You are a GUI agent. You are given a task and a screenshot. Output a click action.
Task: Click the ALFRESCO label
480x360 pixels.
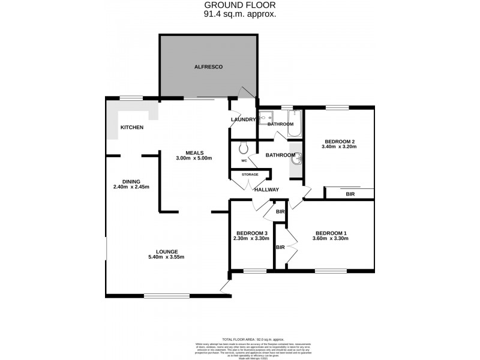click(x=208, y=67)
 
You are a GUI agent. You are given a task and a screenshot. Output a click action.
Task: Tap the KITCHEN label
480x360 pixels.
click(x=132, y=127)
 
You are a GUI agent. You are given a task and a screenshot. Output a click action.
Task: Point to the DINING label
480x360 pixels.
click(x=131, y=181)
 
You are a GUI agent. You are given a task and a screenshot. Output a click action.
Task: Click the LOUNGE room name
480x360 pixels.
click(x=166, y=251)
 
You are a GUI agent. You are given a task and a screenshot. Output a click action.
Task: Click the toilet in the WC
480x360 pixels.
click(x=243, y=147)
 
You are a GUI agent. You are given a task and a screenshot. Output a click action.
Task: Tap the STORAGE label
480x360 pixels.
click(x=250, y=175)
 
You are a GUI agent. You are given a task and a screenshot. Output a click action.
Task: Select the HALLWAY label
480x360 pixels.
click(x=266, y=190)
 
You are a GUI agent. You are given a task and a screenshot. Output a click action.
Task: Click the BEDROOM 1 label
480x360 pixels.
click(x=331, y=233)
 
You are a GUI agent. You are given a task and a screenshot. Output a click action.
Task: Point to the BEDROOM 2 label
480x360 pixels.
click(x=339, y=140)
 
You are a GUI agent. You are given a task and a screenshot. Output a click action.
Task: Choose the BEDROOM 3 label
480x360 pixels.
click(x=251, y=233)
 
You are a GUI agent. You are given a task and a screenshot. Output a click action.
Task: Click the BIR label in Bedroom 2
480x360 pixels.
click(x=350, y=194)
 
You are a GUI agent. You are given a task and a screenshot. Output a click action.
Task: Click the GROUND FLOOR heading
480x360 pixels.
click(x=240, y=6)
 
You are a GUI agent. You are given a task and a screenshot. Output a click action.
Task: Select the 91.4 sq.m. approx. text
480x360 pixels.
click(x=240, y=14)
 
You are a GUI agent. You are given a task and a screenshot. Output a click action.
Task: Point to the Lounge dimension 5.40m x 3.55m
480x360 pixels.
click(x=166, y=257)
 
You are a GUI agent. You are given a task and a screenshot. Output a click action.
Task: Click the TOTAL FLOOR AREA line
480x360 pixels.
click(x=253, y=340)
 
